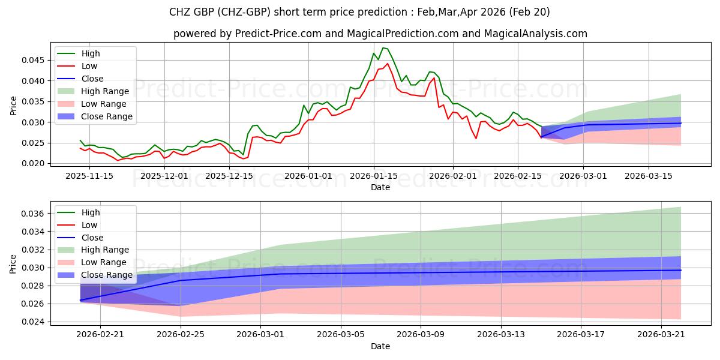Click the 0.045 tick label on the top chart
point(32,60)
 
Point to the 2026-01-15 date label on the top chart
point(373,176)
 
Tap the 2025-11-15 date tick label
point(89,176)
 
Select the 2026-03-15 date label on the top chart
point(649,176)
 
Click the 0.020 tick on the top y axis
point(32,164)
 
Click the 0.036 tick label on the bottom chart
point(32,214)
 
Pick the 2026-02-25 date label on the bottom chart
point(181,335)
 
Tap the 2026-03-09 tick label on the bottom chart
point(421,335)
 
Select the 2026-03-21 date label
point(661,335)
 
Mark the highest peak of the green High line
point(383,48)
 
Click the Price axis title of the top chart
point(13,106)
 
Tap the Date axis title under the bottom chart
point(380,346)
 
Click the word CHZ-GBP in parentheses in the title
point(244,12)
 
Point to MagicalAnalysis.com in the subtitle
point(535,34)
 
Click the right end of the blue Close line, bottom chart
point(680,271)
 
